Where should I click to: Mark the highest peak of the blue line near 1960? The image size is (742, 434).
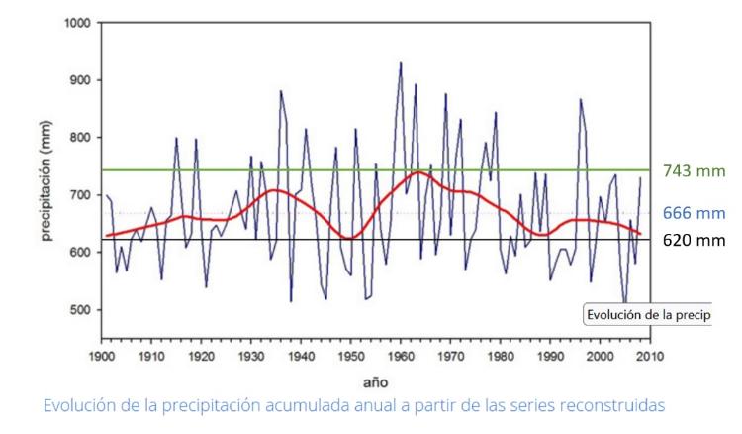(401, 63)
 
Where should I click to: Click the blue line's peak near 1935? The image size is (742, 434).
(281, 91)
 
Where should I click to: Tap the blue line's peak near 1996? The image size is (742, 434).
(581, 99)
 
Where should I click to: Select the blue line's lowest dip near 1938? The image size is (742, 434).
(291, 300)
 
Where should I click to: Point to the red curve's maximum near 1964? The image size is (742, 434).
(419, 172)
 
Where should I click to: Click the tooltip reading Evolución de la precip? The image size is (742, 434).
(648, 315)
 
